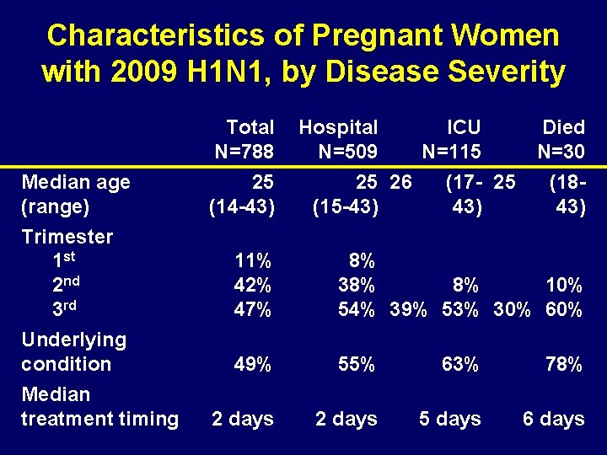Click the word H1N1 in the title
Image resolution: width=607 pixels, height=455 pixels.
[228, 72]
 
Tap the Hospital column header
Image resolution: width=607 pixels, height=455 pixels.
[338, 127]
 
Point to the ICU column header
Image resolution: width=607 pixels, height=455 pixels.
[464, 127]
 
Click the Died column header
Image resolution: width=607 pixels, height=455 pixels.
[563, 127]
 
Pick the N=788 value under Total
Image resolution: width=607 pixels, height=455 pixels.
[244, 153]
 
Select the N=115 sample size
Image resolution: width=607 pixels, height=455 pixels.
[452, 153]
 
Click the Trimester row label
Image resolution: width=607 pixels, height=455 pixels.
[67, 237]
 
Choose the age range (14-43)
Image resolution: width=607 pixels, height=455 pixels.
[241, 206]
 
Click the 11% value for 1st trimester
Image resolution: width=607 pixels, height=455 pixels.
[254, 260]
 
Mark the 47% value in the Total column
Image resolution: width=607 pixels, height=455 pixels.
[254, 309]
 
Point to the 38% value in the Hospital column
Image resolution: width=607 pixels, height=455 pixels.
[357, 285]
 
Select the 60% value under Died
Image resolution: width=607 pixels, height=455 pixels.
[563, 309]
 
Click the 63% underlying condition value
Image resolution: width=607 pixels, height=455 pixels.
[460, 365]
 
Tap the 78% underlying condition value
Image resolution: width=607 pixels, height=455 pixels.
[563, 365]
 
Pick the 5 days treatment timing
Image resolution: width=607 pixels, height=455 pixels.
[450, 419]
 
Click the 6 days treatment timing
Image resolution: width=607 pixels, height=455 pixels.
[553, 419]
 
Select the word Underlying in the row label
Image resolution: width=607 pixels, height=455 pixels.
[73, 340]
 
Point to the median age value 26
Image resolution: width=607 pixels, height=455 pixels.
[401, 182]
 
